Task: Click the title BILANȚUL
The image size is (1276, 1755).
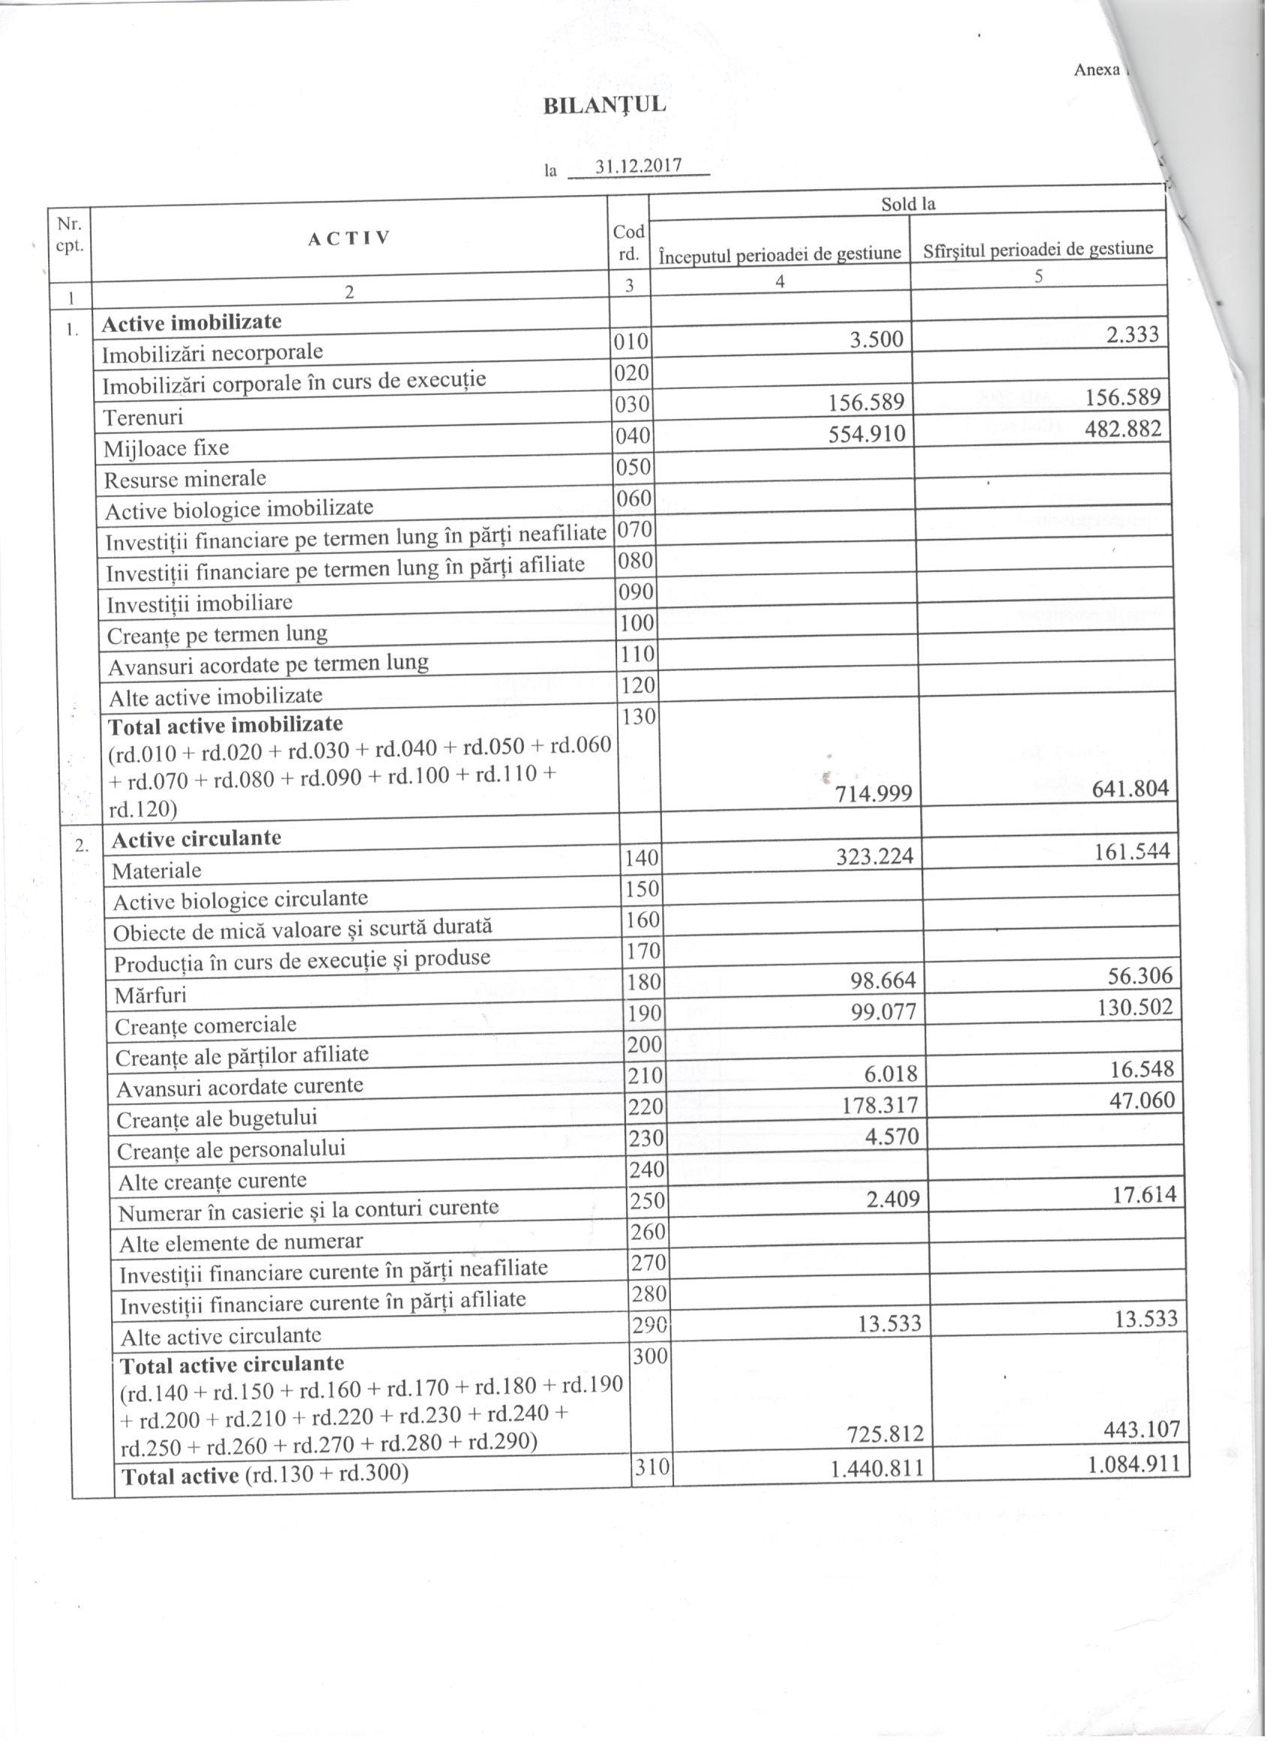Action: tap(604, 106)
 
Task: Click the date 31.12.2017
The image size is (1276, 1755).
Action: tap(639, 167)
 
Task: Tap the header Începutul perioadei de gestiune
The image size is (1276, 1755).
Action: tap(779, 253)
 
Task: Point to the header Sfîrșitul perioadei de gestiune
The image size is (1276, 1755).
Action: tap(1037, 249)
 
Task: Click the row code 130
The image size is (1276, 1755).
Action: tap(639, 717)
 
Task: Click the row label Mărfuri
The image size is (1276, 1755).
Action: tap(150, 995)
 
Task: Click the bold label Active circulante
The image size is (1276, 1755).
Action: tap(197, 838)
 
